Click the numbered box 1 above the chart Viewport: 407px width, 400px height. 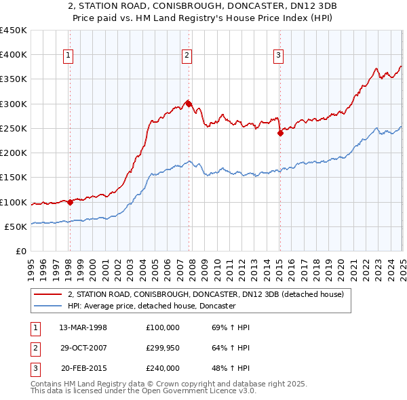(69, 56)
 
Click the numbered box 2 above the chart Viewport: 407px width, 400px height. (187, 56)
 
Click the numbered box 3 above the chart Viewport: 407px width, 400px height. (279, 56)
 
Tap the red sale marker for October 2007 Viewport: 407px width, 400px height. (189, 104)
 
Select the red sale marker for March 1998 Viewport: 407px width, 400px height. (70, 202)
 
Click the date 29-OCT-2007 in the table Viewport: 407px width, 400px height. (83, 348)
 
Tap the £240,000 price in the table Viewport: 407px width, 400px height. (163, 368)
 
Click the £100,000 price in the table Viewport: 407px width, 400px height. (163, 327)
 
